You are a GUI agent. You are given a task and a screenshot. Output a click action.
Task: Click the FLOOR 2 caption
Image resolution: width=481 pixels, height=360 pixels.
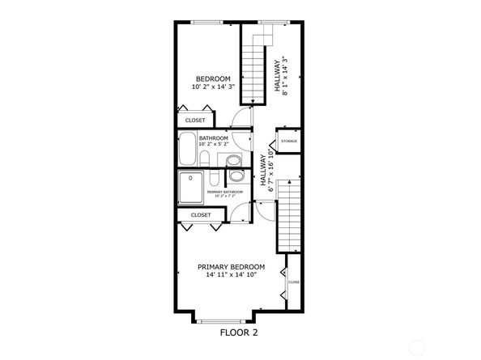click(x=240, y=332)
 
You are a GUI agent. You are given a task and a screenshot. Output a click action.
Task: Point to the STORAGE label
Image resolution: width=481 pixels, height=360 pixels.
click(x=289, y=142)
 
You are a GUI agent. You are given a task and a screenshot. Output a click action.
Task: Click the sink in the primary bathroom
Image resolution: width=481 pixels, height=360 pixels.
click(x=211, y=179)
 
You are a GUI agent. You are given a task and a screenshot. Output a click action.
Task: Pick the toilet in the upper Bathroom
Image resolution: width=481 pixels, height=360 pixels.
click(x=234, y=159)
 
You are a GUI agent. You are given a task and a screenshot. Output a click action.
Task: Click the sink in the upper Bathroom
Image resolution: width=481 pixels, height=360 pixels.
click(x=205, y=158)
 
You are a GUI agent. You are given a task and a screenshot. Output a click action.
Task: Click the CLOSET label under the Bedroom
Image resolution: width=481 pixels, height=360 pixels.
click(x=196, y=121)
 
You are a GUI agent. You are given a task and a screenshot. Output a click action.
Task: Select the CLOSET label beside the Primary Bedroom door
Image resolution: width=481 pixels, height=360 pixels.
click(x=200, y=215)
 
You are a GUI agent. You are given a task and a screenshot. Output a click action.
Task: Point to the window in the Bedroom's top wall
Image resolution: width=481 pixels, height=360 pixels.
click(x=208, y=22)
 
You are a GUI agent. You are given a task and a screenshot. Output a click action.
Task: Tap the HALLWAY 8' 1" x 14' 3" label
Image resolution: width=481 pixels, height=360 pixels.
click(x=281, y=76)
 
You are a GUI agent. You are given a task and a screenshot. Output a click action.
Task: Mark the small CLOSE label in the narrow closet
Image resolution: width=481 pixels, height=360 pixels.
click(x=293, y=282)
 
